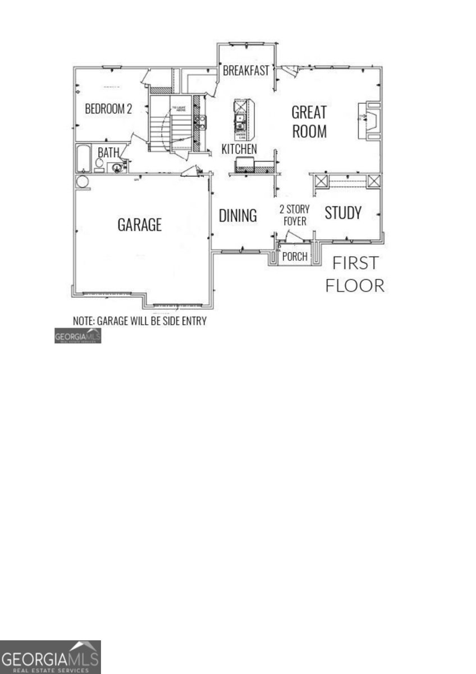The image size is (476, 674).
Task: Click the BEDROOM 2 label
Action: pyautogui.click(x=108, y=109)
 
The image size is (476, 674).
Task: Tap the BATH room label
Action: pyautogui.click(x=108, y=152)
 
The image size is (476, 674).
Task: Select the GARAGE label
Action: pyautogui.click(x=139, y=225)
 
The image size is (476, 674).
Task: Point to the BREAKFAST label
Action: pyautogui.click(x=246, y=71)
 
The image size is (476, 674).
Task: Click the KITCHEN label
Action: pyautogui.click(x=239, y=149)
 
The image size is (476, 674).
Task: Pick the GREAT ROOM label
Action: pyautogui.click(x=309, y=121)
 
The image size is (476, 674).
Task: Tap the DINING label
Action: pyautogui.click(x=237, y=215)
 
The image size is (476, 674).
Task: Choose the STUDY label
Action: pyautogui.click(x=342, y=213)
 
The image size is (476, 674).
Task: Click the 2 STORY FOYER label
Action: pyautogui.click(x=294, y=216)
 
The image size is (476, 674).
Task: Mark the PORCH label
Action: pyautogui.click(x=295, y=257)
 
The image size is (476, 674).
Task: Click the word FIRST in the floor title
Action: pyautogui.click(x=355, y=263)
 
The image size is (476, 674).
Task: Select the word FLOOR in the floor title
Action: pyautogui.click(x=355, y=285)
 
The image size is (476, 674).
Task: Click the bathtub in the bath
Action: pyautogui.click(x=83, y=158)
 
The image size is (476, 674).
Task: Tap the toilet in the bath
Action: pyautogui.click(x=100, y=163)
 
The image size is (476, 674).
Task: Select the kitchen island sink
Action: pyautogui.click(x=240, y=119)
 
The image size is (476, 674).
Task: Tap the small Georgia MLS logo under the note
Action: pyautogui.click(x=77, y=336)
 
